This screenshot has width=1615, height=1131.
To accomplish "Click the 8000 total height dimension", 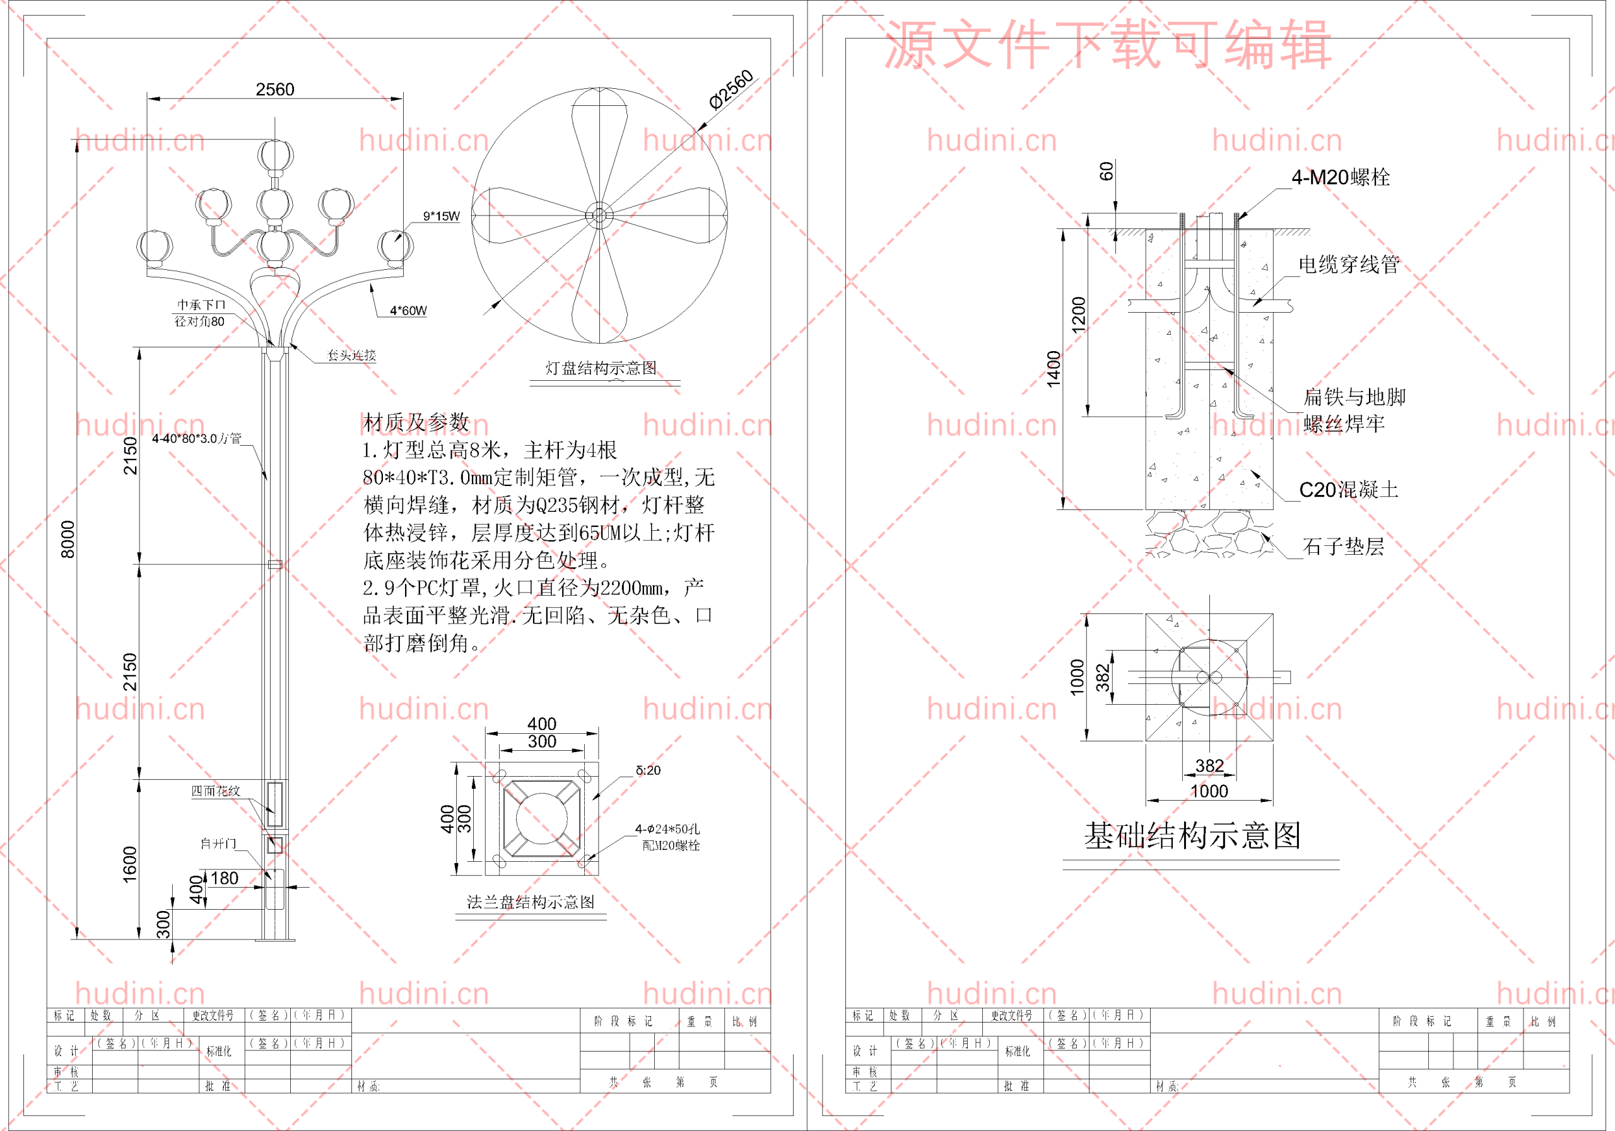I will (x=68, y=539).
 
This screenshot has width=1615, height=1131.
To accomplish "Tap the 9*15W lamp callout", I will (x=441, y=216).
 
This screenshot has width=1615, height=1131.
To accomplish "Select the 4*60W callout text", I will (x=408, y=310).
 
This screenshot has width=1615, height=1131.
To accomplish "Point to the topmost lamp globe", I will (x=274, y=154).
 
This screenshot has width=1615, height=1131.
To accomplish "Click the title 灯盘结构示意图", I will (x=601, y=368).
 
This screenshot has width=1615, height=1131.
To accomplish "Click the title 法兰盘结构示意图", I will (x=531, y=902).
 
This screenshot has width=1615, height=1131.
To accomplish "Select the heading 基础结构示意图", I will (x=1192, y=836).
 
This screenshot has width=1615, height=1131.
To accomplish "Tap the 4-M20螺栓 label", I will (x=1340, y=177).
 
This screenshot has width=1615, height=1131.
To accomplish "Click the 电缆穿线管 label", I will (x=1348, y=264).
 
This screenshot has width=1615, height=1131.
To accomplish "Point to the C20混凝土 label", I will (x=1348, y=489).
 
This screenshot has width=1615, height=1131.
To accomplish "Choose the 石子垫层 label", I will (x=1343, y=546).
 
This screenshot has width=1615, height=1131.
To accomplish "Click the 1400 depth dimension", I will (x=1053, y=368).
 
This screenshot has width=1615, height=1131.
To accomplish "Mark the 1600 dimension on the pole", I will (x=130, y=864).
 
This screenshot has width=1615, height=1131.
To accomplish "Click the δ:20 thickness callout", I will (x=648, y=770).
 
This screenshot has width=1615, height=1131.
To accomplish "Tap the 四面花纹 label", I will (x=216, y=791).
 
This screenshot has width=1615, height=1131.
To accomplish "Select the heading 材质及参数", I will (x=416, y=422).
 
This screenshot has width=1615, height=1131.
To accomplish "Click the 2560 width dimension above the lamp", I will (x=275, y=90).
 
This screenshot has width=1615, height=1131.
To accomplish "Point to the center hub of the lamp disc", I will (x=599, y=215).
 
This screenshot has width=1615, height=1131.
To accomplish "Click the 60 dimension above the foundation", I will (x=1107, y=171).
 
